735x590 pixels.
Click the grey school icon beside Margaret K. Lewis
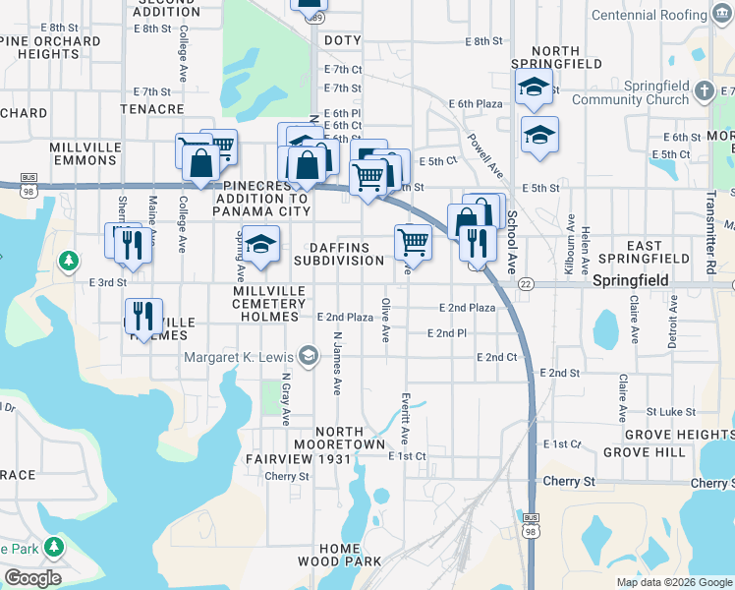click(309, 355)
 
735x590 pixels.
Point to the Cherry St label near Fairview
click(287, 477)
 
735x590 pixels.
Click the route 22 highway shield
click(526, 283)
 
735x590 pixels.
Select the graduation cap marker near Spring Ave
click(261, 246)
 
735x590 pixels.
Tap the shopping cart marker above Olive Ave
click(414, 241)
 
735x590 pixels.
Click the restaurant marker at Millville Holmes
click(145, 318)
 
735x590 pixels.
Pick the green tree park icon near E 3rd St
click(68, 261)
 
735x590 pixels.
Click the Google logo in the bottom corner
click(32, 578)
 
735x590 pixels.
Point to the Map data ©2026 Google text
click(673, 582)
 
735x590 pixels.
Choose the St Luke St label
click(670, 412)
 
